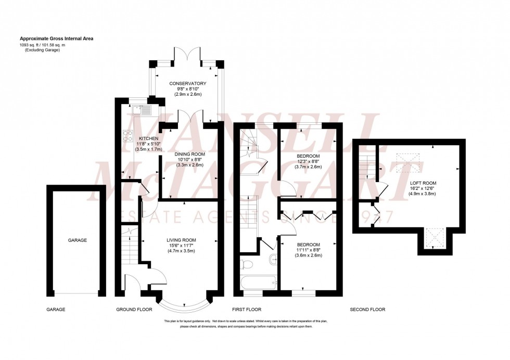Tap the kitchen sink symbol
141,110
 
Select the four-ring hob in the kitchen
127,136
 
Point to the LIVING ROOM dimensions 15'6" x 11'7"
181,246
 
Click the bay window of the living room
184,303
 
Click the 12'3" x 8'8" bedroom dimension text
308,161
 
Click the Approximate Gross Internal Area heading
57,38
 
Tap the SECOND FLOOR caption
367,310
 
